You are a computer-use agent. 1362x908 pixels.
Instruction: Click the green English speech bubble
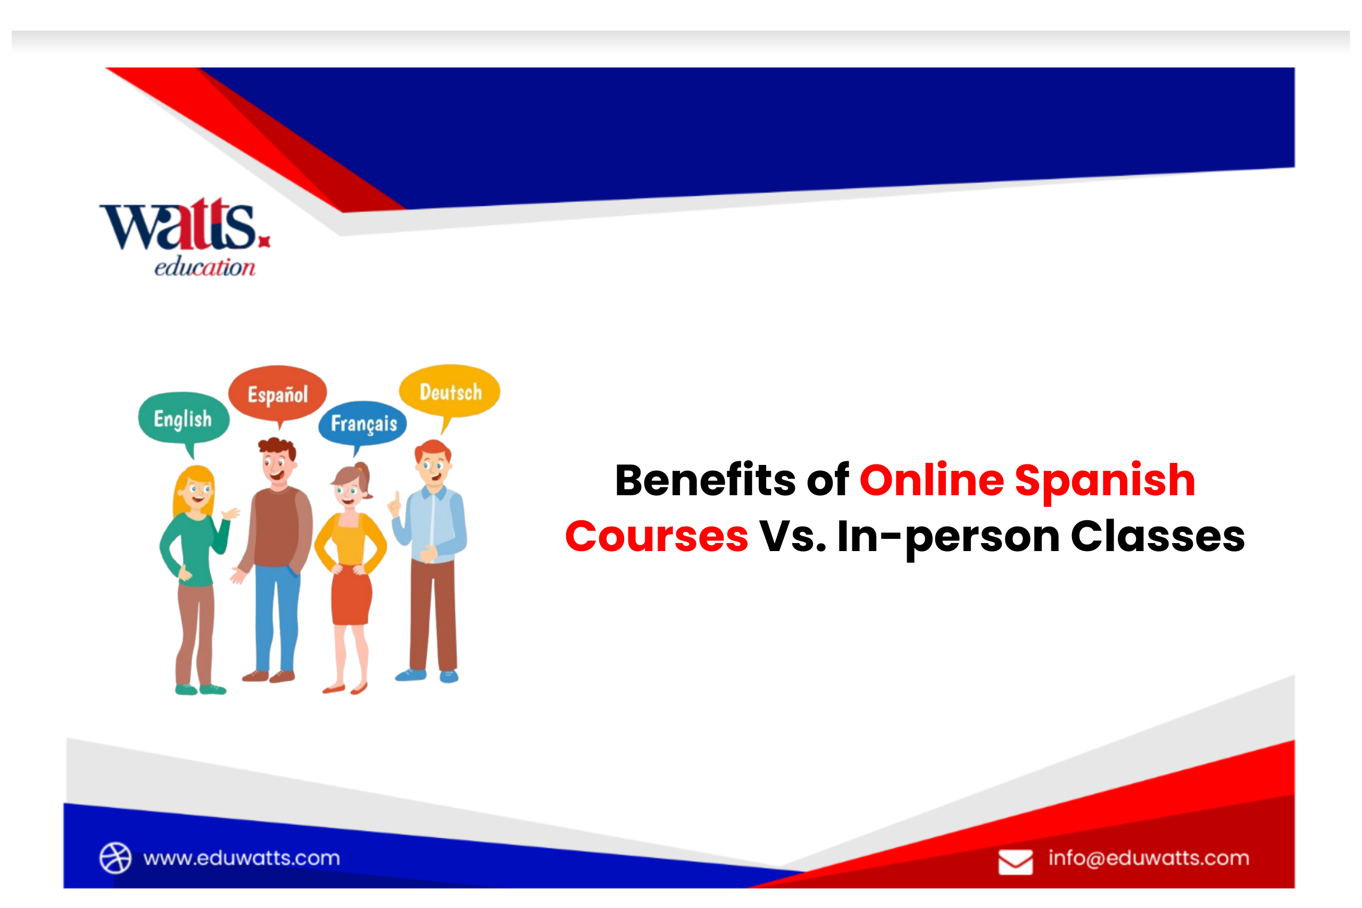(x=183, y=418)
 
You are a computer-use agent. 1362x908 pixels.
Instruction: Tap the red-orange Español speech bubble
(x=277, y=394)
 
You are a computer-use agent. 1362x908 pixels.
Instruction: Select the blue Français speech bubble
(x=363, y=423)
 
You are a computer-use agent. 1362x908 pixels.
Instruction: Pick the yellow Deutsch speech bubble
(x=450, y=392)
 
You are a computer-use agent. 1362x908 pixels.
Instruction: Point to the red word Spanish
(x=1105, y=481)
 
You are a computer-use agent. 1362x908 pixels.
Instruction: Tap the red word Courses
(x=656, y=536)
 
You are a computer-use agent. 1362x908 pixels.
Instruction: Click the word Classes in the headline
(x=1158, y=536)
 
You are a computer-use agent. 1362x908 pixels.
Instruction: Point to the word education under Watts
(x=204, y=268)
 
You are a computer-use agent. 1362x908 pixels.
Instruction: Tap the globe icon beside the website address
(x=115, y=857)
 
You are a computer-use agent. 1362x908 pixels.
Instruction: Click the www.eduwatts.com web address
(x=242, y=857)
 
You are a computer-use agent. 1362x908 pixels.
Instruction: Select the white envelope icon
(x=1015, y=862)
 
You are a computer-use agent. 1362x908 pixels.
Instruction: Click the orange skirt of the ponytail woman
(x=351, y=596)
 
